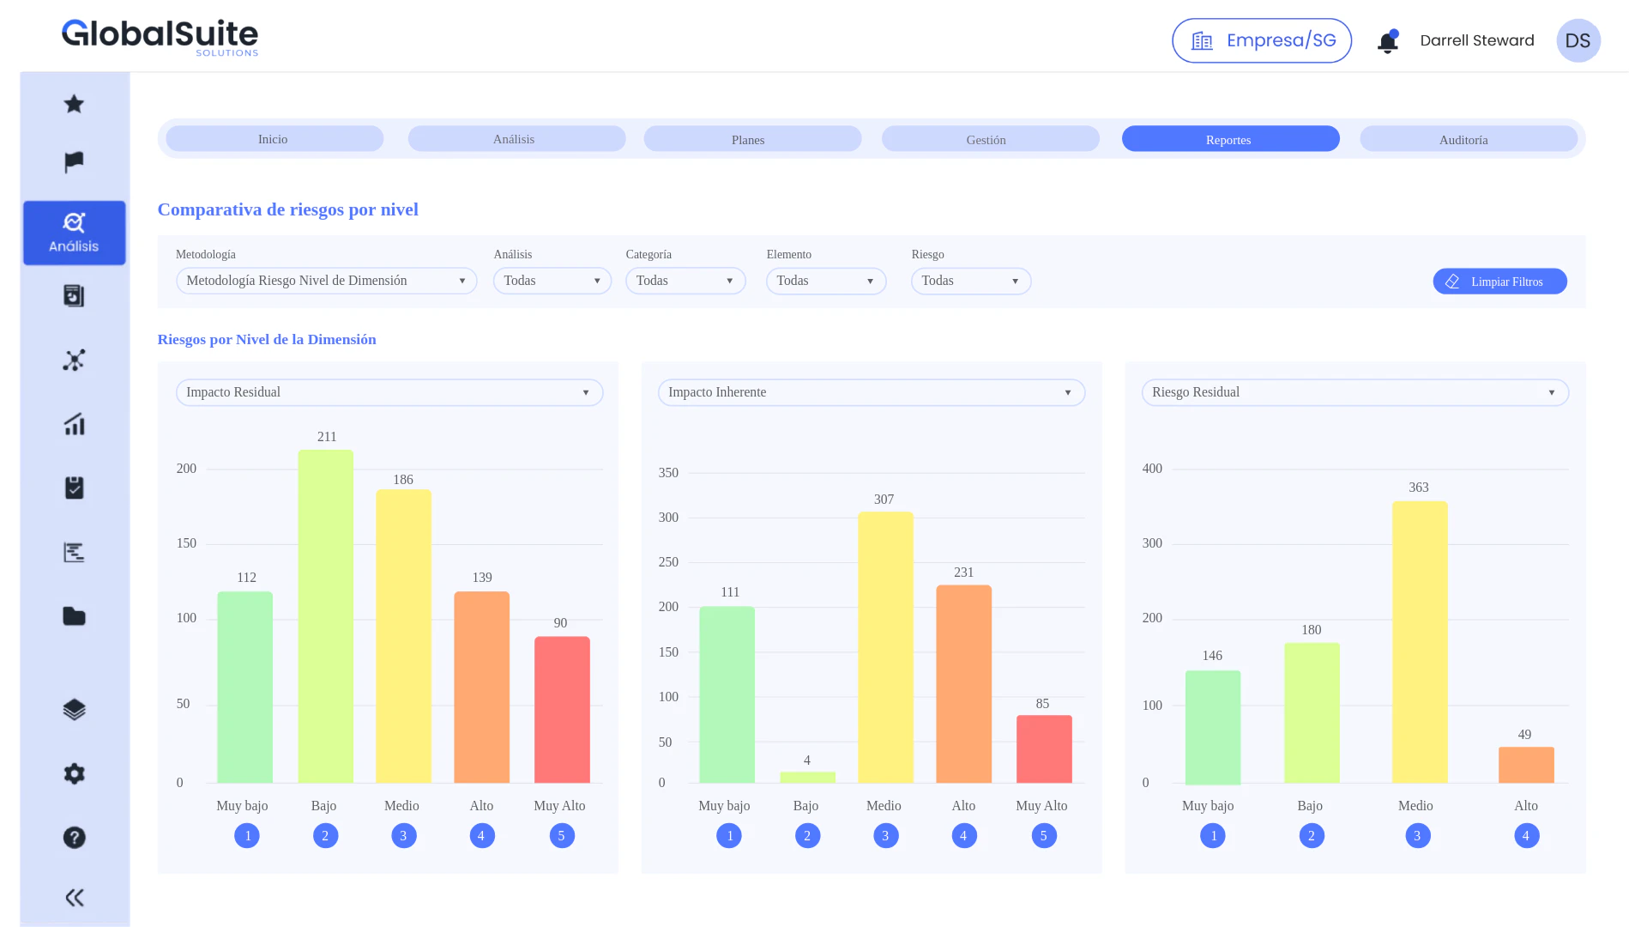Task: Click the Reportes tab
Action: [1229, 139]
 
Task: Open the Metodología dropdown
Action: [326, 281]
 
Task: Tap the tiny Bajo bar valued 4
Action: [806, 777]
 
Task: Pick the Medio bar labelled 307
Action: [884, 647]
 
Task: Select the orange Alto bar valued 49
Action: [1525, 764]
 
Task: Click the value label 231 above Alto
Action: [963, 573]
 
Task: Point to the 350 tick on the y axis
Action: [668, 473]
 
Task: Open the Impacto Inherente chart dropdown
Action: [871, 392]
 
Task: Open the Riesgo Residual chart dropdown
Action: [1354, 392]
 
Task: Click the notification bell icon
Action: [1387, 41]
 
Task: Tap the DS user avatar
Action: [1578, 41]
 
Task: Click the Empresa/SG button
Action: [1261, 40]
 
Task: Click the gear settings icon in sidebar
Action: [75, 773]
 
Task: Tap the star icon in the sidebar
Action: [75, 104]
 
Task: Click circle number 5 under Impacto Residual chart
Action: [561, 835]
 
